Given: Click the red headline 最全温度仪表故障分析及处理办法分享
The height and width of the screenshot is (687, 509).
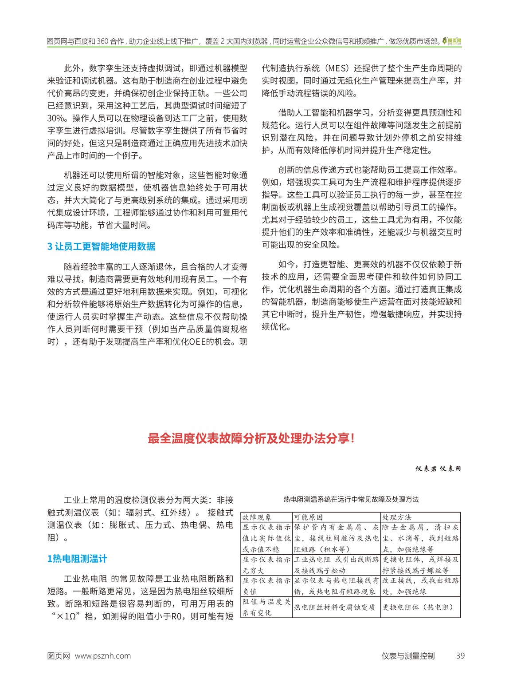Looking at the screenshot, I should [251, 439].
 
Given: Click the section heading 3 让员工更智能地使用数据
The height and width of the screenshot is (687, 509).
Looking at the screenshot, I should [101, 246].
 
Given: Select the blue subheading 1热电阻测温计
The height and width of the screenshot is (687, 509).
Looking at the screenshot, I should [77, 559].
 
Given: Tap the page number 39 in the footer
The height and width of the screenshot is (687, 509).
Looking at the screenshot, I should [460, 656].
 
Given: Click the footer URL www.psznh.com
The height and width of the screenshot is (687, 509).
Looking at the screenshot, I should [103, 656].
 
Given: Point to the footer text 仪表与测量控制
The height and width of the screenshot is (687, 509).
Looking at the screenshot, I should [408, 656].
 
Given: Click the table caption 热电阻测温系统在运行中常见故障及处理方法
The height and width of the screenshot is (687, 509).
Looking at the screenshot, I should [351, 500].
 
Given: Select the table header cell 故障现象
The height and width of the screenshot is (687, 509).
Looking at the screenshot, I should [257, 517].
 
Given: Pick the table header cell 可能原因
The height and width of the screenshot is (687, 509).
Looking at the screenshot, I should [308, 517].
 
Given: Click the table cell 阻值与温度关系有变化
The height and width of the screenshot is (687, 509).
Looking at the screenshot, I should [266, 607].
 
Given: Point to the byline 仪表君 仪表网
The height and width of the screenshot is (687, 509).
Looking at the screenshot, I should [438, 469].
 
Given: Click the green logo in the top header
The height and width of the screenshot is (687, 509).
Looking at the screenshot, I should [452, 41].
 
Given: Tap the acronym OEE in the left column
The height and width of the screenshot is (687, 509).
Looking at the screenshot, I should [202, 342].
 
